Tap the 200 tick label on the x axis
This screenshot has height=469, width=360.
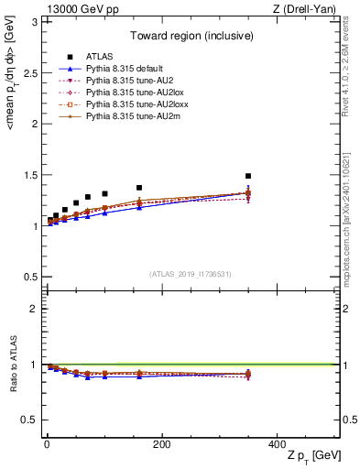161,444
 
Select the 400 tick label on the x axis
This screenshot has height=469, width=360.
276,444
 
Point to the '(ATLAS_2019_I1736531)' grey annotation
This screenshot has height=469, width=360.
190,274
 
